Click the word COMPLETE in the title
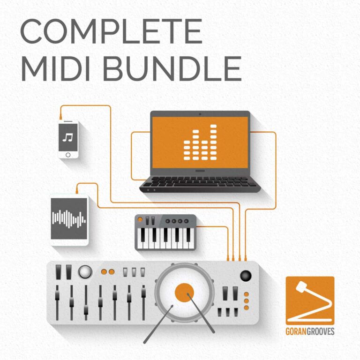(111, 31)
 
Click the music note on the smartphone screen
(68, 137)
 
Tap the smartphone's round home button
(68, 154)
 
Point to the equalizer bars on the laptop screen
(200, 142)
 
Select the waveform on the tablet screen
(69, 218)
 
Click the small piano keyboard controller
(165, 232)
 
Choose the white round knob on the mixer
(85, 271)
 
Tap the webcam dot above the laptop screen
(200, 113)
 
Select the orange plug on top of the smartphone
(61, 115)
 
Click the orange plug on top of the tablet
(76, 190)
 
